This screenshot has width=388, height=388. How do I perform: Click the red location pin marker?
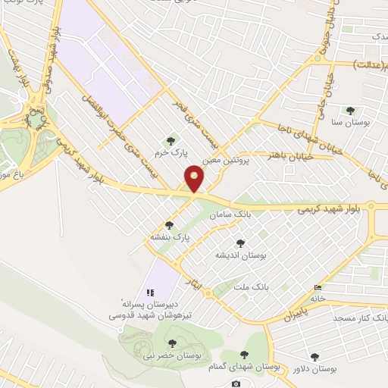coord(195,177)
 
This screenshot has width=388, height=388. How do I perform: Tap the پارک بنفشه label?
coord(168,236)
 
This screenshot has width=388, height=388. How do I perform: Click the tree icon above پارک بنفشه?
coord(168,225)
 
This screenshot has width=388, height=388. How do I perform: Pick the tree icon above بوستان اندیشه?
coord(240,243)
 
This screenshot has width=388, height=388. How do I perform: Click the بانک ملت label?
coord(252,288)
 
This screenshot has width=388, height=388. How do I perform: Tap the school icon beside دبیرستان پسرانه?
coord(150,292)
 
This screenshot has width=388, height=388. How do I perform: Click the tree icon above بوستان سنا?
coord(350,111)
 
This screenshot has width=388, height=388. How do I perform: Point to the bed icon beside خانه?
coord(318,288)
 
